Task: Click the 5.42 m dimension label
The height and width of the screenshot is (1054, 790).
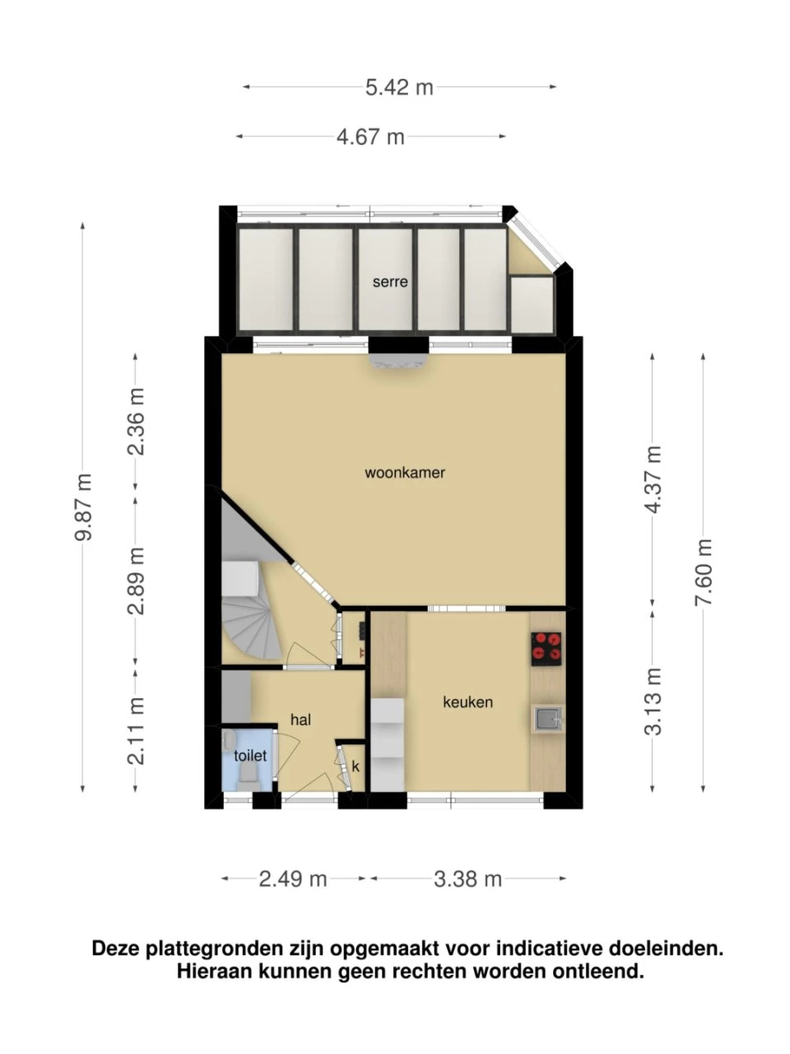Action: click(399, 87)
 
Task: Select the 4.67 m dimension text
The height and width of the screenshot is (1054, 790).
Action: click(370, 137)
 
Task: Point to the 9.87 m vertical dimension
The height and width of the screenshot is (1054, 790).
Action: click(83, 506)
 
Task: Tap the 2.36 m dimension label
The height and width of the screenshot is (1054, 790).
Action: click(136, 421)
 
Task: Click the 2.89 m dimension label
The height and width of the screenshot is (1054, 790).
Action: click(136, 581)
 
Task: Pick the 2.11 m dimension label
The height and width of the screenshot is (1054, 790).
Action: click(136, 730)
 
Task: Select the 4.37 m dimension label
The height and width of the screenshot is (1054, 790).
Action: click(653, 479)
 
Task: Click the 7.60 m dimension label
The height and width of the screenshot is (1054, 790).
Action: click(704, 572)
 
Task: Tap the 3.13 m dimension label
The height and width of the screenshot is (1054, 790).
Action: click(653, 702)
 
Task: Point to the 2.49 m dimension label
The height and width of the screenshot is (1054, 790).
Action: click(293, 879)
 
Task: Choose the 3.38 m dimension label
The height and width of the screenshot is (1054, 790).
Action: click(467, 879)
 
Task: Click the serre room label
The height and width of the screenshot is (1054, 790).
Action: click(390, 282)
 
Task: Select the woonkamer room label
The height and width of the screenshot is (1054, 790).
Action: click(405, 473)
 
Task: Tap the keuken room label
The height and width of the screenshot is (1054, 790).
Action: click(467, 702)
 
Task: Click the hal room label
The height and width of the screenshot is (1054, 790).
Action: click(300, 720)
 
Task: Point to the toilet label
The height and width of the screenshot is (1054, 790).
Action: click(250, 756)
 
